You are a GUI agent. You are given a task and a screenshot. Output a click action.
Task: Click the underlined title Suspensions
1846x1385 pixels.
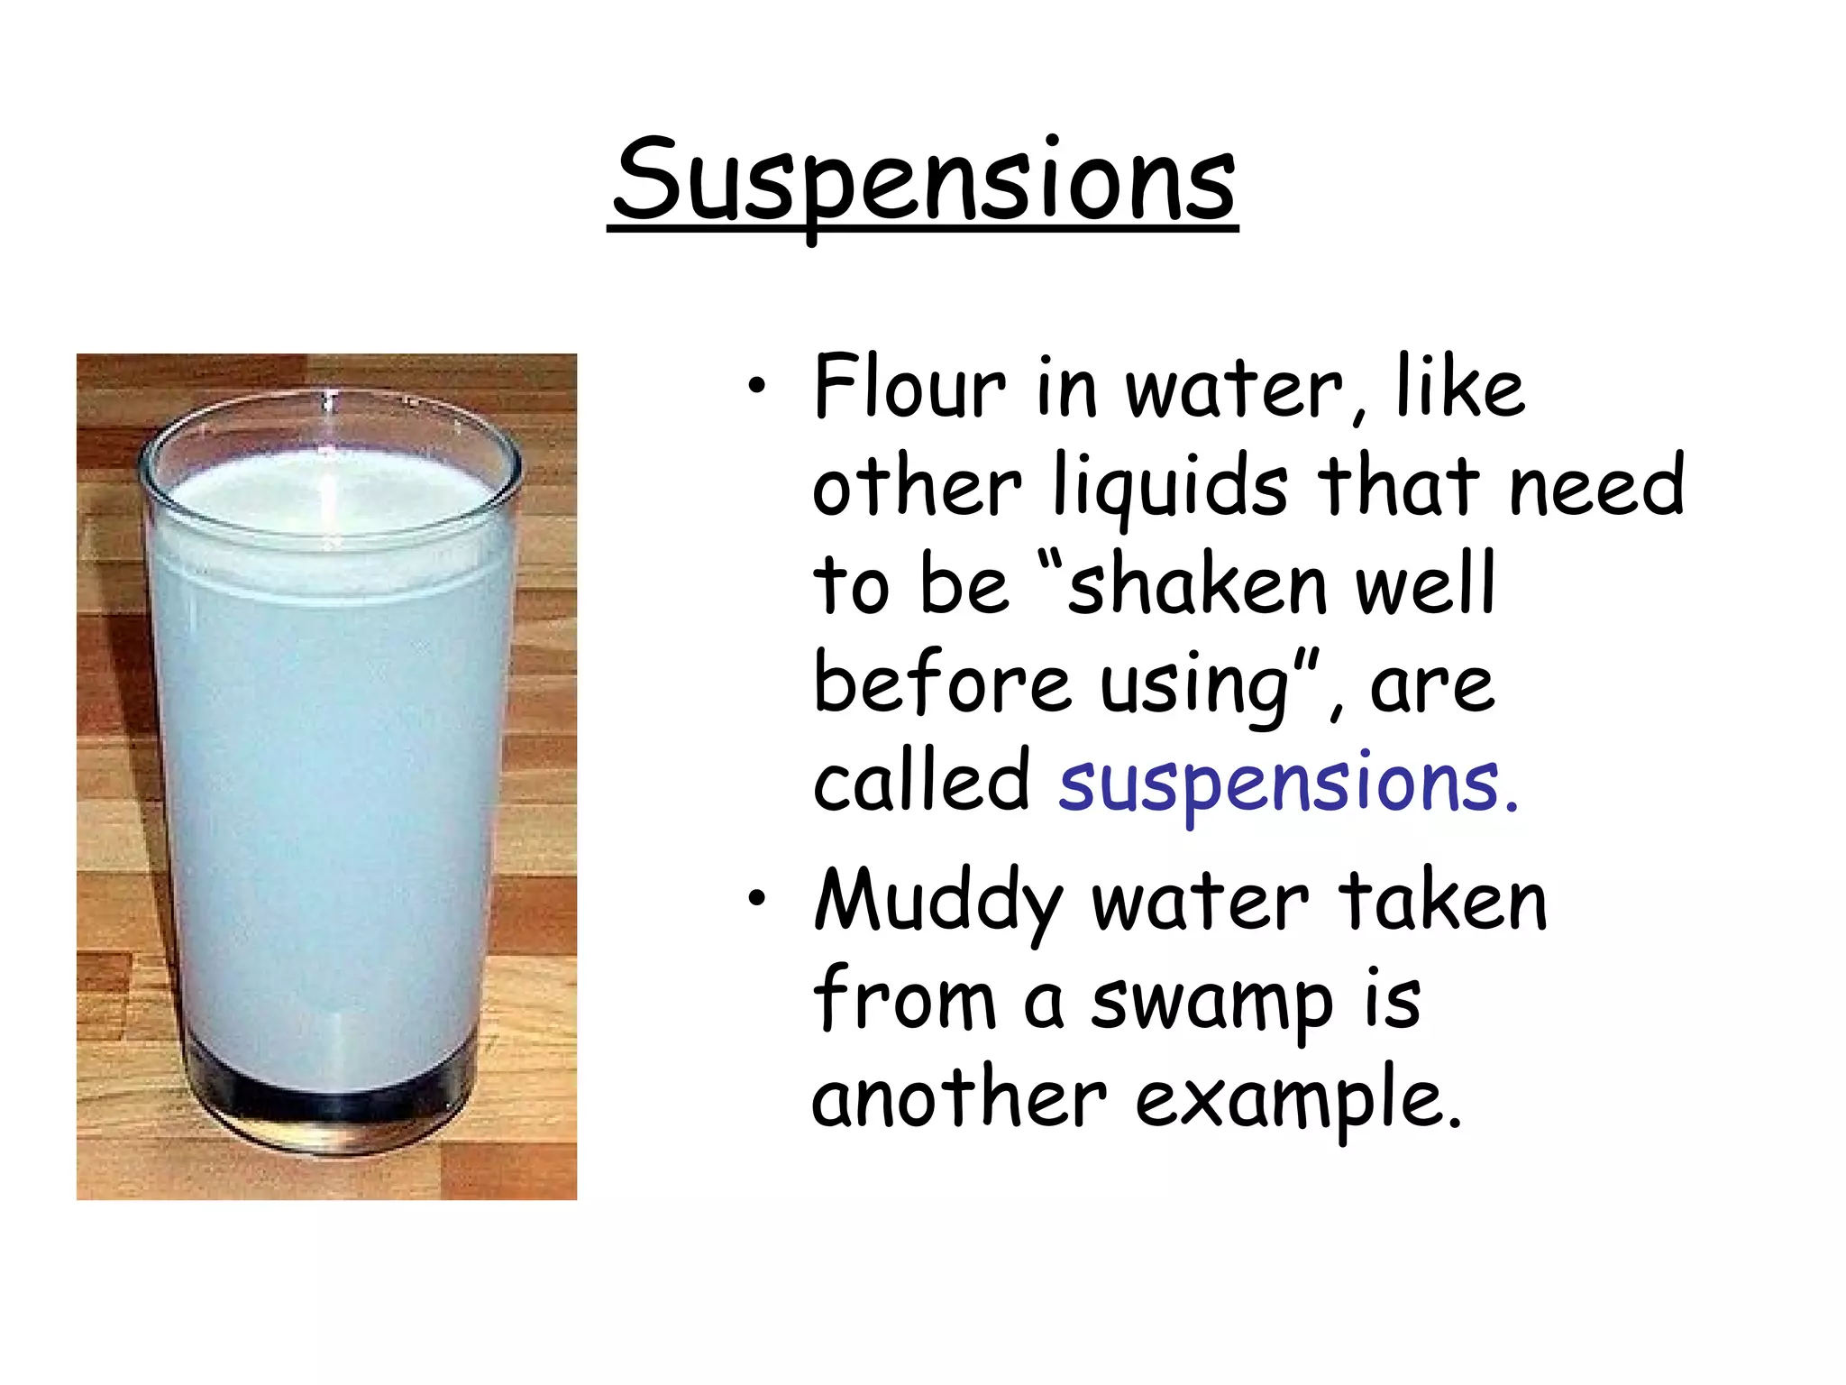[x=923, y=180]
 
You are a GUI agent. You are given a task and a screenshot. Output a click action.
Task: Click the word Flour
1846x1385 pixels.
[x=909, y=388]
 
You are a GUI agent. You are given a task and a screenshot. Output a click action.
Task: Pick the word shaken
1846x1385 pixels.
[x=1198, y=584]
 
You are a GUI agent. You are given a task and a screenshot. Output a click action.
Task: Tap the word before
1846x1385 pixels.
[x=942, y=683]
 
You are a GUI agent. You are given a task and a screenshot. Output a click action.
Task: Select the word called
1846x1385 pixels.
[x=920, y=781]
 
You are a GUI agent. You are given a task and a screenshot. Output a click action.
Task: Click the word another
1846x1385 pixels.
[x=958, y=1098]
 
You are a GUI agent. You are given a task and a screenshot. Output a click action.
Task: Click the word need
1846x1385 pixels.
[x=1595, y=487]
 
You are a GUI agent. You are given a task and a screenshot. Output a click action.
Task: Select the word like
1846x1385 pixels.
[x=1459, y=388]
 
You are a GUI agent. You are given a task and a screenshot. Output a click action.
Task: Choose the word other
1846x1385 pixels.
[x=916, y=487]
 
